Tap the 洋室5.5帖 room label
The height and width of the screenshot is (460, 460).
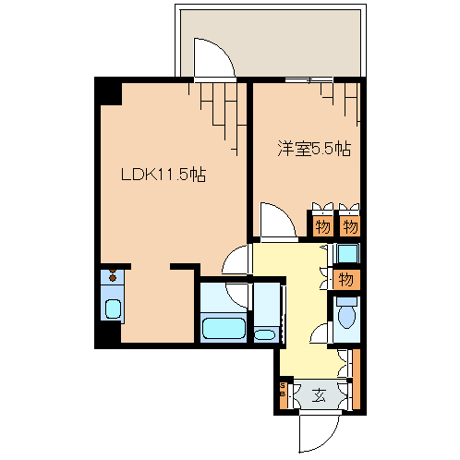(x=314, y=147)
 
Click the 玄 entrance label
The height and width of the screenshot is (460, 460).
(x=319, y=395)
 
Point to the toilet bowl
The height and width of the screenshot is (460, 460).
(x=346, y=317)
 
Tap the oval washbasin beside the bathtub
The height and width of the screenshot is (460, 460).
(x=264, y=332)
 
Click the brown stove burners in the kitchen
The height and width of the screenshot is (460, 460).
(x=112, y=275)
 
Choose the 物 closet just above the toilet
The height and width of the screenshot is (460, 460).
(x=346, y=278)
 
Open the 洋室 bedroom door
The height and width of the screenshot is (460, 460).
(x=276, y=223)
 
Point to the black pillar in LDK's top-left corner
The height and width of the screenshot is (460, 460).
(x=109, y=92)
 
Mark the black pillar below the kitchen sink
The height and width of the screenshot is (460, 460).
(x=108, y=335)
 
